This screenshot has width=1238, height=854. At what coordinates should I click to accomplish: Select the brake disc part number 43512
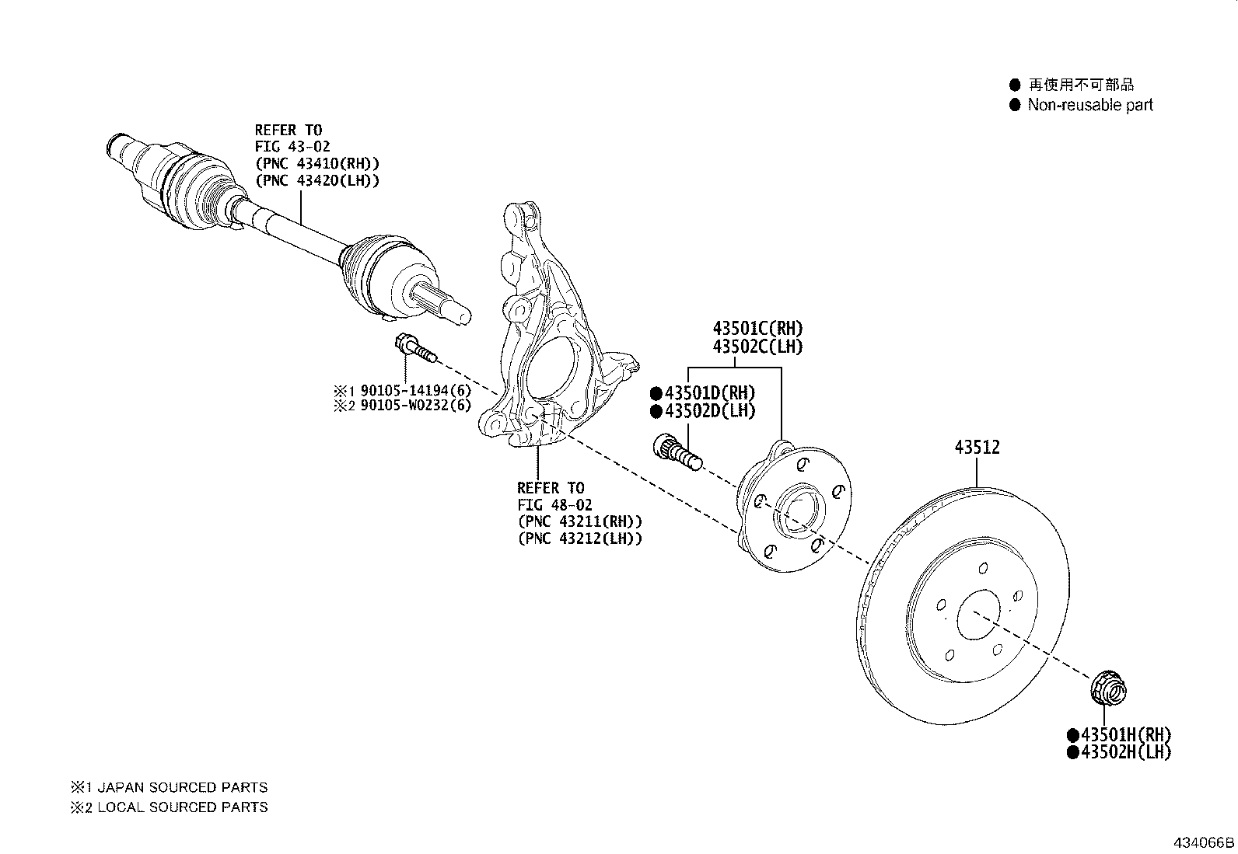point(977,448)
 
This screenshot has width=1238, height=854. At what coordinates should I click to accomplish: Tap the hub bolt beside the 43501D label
point(677,451)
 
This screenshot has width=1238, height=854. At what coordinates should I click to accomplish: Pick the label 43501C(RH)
point(757,329)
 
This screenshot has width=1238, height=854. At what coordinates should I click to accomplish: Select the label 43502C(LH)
point(757,347)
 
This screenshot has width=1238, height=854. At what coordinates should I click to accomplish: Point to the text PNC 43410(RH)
point(316,163)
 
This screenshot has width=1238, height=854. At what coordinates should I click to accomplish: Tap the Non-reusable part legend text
point(1089,105)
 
